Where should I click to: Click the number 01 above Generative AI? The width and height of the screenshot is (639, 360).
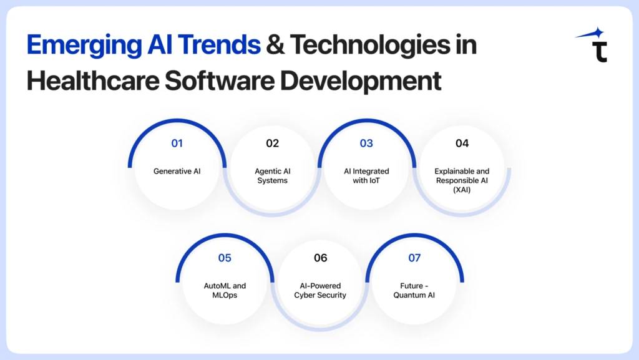pos(177,144)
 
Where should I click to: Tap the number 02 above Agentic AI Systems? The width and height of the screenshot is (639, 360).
pos(272,144)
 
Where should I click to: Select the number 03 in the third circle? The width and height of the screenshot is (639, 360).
pos(366,144)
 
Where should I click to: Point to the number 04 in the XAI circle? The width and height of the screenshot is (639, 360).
pos(462,144)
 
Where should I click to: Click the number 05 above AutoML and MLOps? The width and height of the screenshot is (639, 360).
pos(225,258)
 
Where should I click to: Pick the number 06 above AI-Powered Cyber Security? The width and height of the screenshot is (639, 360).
pos(320,258)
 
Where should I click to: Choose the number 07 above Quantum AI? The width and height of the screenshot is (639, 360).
pos(414,258)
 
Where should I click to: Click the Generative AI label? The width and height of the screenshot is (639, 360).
pos(177,171)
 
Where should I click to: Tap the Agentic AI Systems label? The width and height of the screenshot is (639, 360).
pos(272,175)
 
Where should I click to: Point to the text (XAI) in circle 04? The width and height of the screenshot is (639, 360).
pos(462,189)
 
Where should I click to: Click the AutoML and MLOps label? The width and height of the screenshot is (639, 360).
pos(225,290)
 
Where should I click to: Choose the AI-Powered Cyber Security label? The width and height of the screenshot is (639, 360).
pos(320,290)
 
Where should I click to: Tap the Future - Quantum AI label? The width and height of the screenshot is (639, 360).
pos(414,290)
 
